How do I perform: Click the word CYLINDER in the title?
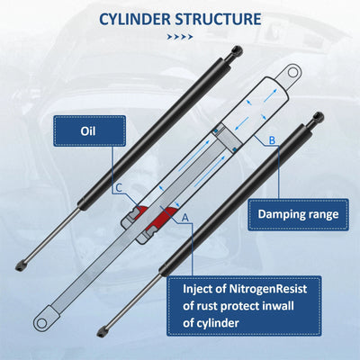coord(135,19)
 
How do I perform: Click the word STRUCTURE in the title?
coord(218,19)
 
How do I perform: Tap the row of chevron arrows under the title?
coord(180,37)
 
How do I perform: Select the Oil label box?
coord(89,131)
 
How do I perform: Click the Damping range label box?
coord(298,214)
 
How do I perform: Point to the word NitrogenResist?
coord(268,289)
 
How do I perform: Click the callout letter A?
coord(185,218)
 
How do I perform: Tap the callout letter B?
coord(272,140)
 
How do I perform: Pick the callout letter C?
coord(119,188)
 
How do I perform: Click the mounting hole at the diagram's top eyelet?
coord(292,72)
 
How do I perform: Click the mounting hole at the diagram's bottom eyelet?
coord(40,323)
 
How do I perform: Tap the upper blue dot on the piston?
coord(215,131)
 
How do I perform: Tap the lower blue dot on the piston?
coord(235,149)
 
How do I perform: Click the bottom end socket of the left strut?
coord(21,265)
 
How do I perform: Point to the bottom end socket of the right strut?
coord(103,332)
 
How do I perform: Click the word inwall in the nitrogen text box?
coord(278,306)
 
